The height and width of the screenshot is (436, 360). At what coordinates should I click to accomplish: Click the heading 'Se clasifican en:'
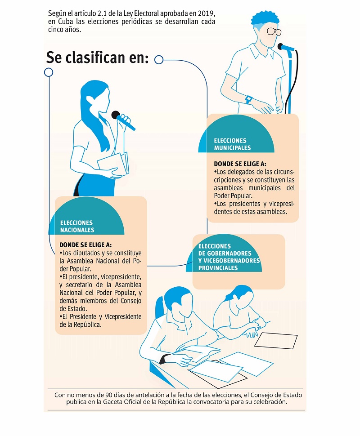point(98,58)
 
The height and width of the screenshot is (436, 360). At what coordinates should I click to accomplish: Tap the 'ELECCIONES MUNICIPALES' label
point(232,144)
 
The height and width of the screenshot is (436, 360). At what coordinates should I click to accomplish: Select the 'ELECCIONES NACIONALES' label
point(77,227)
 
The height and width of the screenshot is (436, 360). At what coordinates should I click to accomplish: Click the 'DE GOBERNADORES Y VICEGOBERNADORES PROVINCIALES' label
point(229,261)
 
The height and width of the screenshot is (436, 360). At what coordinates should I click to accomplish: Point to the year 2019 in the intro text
point(206,13)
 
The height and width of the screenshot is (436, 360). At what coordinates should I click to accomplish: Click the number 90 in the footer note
point(109,395)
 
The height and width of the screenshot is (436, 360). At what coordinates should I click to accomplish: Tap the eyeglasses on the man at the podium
point(274,31)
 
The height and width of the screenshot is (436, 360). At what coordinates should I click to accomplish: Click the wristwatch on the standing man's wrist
point(248,99)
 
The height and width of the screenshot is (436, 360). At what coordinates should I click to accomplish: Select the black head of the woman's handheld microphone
point(115,115)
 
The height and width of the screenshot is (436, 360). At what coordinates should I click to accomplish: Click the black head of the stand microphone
point(280,46)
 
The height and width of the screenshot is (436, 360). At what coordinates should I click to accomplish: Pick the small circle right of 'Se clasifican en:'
point(159,59)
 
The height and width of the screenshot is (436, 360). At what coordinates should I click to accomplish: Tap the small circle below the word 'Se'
point(49,72)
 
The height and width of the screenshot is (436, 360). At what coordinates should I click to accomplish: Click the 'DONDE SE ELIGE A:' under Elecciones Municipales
point(240,164)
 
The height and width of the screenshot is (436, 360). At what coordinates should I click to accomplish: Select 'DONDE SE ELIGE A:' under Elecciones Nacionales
point(85,245)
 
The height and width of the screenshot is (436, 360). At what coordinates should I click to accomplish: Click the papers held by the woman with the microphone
point(113,165)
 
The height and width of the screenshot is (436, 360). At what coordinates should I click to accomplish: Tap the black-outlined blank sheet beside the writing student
point(276,340)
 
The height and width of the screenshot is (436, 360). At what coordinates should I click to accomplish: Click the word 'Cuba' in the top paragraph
point(65,22)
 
